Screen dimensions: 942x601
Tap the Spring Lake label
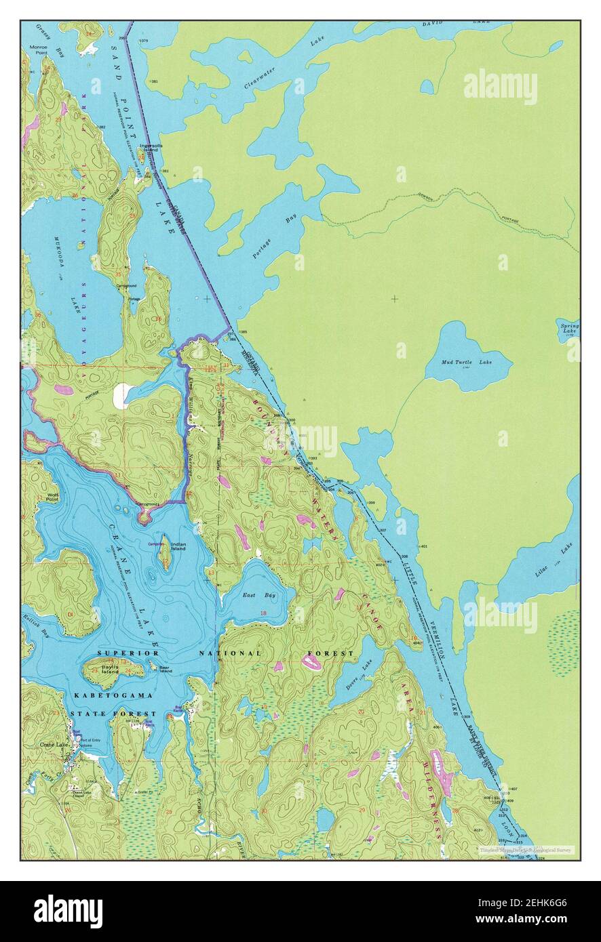(x=569, y=329)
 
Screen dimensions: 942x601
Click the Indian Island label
(x=178, y=546)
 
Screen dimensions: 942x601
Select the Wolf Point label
(x=52, y=496)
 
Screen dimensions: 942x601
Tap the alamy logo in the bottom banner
(x=69, y=911)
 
